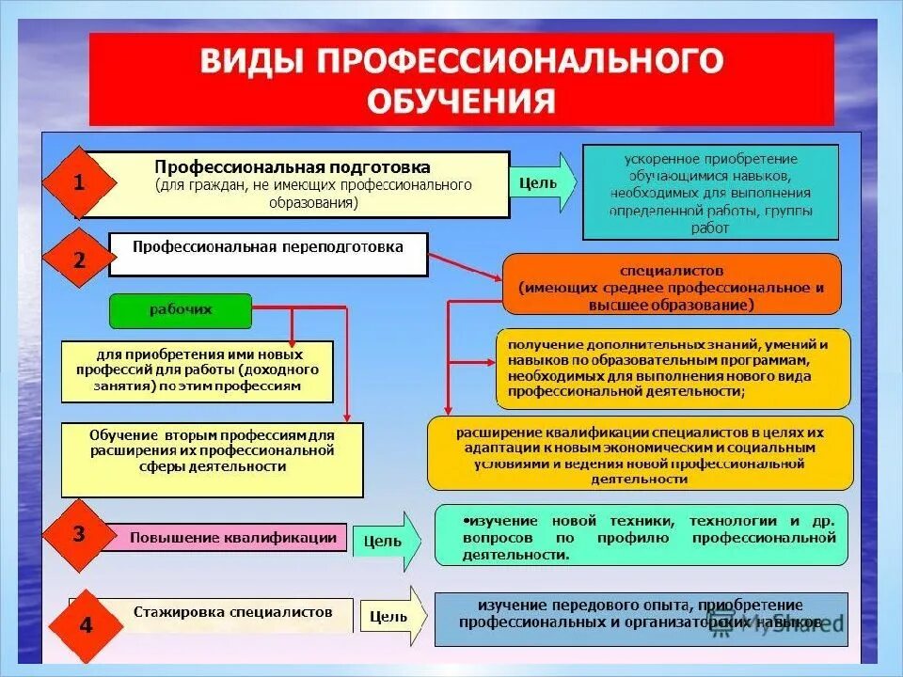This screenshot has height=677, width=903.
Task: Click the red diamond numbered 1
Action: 79,184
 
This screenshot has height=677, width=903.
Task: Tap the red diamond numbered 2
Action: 79,260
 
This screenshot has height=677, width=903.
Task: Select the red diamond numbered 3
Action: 79,535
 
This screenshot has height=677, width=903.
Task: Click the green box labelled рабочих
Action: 181,310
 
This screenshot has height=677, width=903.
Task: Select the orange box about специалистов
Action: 672,283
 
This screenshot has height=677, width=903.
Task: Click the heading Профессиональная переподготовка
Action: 268,248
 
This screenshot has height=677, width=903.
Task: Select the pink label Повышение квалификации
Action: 232,538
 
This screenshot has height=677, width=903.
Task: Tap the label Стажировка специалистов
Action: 231,612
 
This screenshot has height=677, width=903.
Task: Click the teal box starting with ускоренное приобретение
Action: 710,192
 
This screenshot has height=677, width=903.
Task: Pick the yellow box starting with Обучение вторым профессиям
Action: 212,459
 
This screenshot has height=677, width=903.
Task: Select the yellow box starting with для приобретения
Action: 198,371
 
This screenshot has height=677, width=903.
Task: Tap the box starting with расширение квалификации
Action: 640,453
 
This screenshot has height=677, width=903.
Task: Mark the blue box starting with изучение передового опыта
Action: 641,618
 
